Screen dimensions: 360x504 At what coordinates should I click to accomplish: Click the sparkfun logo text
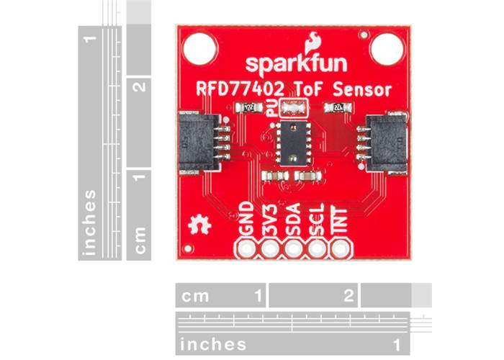(x=296, y=63)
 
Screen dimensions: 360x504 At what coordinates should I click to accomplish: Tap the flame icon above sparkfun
(x=315, y=42)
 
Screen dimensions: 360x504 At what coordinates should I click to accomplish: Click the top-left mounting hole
(x=199, y=49)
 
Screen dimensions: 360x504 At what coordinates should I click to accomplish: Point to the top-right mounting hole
(x=386, y=48)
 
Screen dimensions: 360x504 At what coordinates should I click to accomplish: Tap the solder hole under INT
(x=338, y=249)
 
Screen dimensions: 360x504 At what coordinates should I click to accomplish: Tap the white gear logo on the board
(x=198, y=225)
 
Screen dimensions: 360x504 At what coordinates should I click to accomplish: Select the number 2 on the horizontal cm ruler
(x=348, y=295)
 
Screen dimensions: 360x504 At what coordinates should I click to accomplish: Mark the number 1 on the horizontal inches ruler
(x=397, y=343)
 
